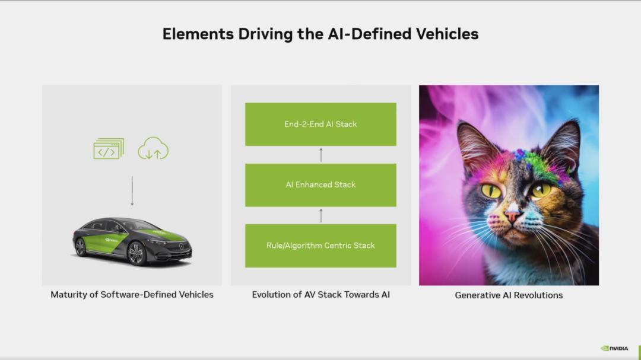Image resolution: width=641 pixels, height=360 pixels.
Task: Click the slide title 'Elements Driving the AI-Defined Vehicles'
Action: coord(320,34)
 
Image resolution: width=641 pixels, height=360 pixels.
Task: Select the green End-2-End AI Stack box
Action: coord(320,124)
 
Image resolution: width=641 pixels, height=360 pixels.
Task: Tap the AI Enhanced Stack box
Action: coord(320,185)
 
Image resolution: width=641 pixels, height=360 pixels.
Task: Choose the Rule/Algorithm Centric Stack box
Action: coord(320,246)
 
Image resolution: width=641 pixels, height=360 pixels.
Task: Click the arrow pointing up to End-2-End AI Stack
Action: coord(321,155)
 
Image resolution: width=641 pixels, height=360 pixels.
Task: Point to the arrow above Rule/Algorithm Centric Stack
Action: coord(321,216)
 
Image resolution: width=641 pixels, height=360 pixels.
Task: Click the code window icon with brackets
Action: coord(109,149)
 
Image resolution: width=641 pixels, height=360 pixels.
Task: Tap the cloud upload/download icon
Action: coord(153,148)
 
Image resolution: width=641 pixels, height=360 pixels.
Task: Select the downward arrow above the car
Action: coord(132,191)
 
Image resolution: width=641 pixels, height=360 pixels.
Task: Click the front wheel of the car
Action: coord(136,253)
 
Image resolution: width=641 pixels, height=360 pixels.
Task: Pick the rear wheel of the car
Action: coord(81,247)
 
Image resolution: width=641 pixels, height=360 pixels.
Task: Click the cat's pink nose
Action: coord(512,215)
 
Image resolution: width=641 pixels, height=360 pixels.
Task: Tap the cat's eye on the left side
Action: coord(491,190)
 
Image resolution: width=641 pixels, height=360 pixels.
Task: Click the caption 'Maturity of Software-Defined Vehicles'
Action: coord(132,295)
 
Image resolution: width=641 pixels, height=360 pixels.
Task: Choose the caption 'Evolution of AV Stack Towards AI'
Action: coord(321,295)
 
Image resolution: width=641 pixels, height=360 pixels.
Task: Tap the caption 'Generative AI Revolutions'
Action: coord(509,295)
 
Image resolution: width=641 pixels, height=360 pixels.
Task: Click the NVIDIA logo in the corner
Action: coord(614,348)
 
